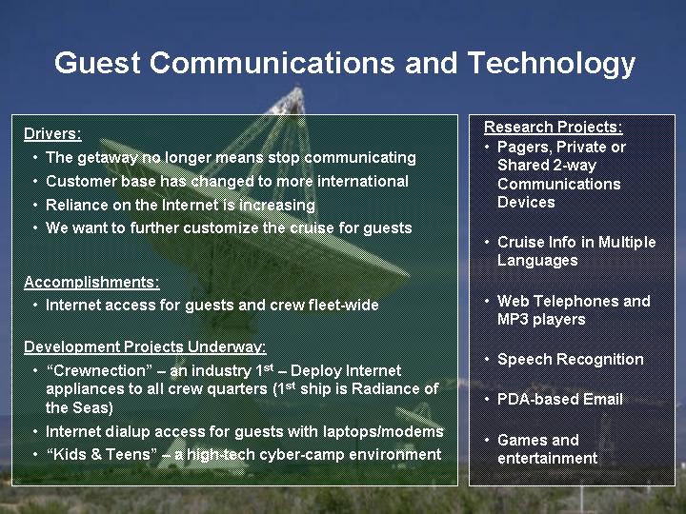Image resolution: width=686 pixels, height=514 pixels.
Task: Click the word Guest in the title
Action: (x=97, y=63)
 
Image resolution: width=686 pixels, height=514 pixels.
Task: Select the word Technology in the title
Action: (x=552, y=65)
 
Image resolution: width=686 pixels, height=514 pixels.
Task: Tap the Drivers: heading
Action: (x=52, y=134)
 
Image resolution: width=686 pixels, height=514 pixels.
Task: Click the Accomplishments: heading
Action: (x=91, y=283)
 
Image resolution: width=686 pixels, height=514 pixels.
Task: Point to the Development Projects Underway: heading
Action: (x=145, y=347)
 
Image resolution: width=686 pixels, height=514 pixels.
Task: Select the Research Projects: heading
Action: (x=553, y=128)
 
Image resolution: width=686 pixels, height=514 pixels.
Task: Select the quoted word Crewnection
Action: (x=99, y=370)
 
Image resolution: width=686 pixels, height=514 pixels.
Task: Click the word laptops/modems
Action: (x=383, y=432)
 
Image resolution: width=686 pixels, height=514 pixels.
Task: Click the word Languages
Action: (x=537, y=261)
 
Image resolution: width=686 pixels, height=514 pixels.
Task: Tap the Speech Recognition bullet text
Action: (x=571, y=359)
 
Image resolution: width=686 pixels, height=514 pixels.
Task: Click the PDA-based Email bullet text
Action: (x=560, y=399)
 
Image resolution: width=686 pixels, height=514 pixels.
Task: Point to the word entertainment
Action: (x=547, y=459)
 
